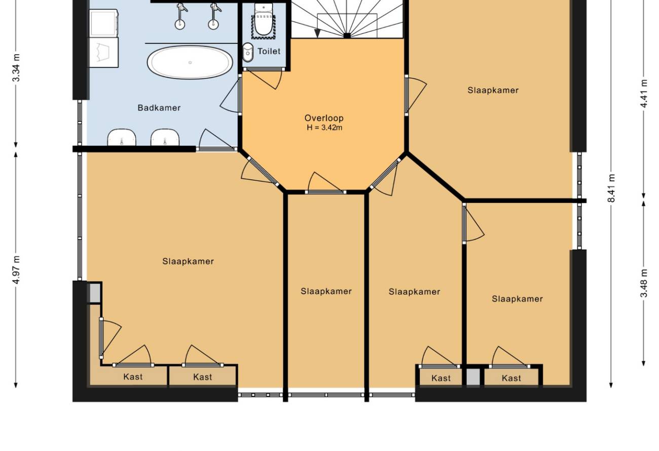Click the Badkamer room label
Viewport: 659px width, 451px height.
coord(159,108)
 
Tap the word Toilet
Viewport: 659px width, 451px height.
coord(269,52)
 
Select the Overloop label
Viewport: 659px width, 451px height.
coord(324,118)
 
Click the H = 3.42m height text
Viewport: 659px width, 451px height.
coord(324,128)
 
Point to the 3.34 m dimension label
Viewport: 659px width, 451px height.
coord(16,67)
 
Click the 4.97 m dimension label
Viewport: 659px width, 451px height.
coord(16,270)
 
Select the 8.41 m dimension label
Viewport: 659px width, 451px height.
coord(611,188)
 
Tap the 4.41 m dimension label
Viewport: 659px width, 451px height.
coord(644,93)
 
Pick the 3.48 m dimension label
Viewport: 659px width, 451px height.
coord(644,283)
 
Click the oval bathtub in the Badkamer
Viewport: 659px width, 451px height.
coord(190,62)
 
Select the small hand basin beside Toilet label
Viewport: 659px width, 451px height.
coord(248,53)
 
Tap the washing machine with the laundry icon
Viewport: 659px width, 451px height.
coord(104,52)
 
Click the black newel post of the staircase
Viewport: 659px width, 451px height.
coord(347,36)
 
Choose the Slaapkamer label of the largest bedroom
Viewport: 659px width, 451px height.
coord(188,261)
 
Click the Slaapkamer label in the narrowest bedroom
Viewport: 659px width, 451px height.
coord(326,291)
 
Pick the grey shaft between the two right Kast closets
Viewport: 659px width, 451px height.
coord(473,377)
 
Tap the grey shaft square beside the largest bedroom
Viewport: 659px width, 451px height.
coord(95,293)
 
